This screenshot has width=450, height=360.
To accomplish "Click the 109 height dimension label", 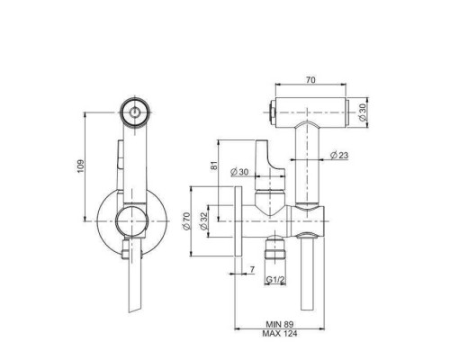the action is pos(81,166).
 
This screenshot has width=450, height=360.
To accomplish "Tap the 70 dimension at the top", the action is pos(310,80).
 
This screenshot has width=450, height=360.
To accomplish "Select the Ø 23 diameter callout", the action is pos(339,155).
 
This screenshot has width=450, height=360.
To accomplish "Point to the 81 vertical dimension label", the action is pos(213,166).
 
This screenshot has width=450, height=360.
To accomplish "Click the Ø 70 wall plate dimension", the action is pos(186,221).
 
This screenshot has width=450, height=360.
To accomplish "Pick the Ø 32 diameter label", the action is pos(203,221).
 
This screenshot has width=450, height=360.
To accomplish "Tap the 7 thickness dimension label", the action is pos(252,270).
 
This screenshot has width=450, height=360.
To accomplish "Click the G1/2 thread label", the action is pos(275,280).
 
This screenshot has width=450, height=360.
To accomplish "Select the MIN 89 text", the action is pos(280,324).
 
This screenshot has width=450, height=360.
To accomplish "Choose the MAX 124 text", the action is pos(280,333).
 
